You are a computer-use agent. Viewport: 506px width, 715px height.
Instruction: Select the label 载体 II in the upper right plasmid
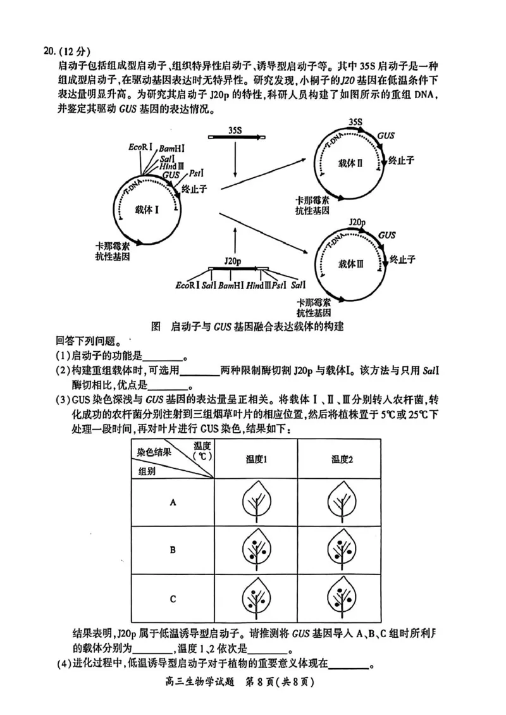(349, 163)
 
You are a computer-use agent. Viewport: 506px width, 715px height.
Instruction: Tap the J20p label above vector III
(357, 222)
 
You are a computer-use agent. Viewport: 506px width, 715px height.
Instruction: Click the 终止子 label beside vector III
(401, 259)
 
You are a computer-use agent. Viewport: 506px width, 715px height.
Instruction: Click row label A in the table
(172, 502)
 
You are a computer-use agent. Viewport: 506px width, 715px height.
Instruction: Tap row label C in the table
(172, 598)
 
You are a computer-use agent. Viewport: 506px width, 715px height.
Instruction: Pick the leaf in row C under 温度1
(257, 598)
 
